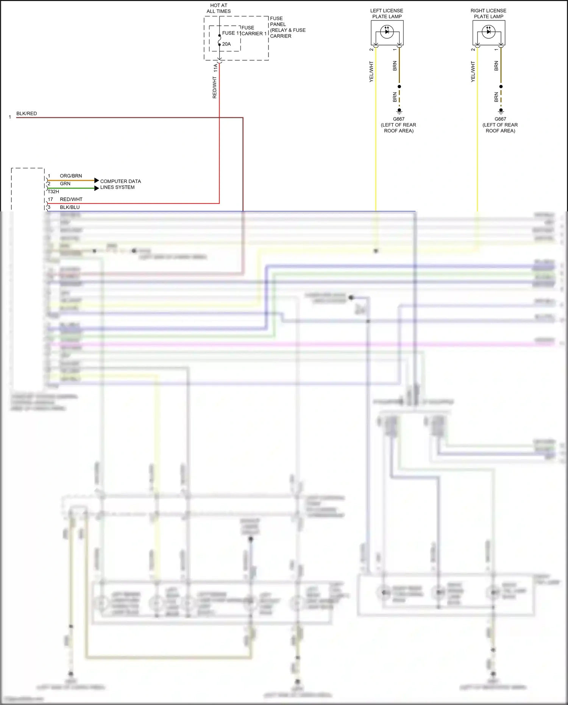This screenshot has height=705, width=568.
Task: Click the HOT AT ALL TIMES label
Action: [218, 8]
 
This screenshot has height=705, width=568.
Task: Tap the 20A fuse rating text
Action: [226, 44]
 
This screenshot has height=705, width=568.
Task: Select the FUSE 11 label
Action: [231, 33]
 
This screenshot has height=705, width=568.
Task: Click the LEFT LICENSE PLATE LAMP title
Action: [387, 14]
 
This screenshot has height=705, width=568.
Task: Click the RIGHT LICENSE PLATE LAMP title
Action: [488, 14]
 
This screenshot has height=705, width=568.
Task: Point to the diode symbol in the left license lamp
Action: [387, 32]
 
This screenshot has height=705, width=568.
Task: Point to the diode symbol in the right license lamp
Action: [488, 32]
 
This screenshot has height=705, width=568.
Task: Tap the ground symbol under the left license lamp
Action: [399, 111]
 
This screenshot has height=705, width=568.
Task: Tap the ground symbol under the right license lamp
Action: [501, 111]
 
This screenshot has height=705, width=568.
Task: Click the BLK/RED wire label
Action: [27, 114]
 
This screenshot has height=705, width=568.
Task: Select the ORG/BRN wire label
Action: [71, 176]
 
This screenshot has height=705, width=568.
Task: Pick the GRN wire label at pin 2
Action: [65, 184]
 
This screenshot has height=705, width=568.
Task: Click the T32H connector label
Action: [53, 192]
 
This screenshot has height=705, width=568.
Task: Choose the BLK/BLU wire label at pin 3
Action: [70, 207]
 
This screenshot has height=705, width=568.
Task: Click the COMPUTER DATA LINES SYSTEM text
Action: [120, 184]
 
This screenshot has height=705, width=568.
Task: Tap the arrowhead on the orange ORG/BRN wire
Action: [97, 180]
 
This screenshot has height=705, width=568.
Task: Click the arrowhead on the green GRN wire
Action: [97, 188]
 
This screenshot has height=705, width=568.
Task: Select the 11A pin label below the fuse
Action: [215, 68]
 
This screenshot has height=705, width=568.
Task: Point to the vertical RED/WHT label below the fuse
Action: [215, 88]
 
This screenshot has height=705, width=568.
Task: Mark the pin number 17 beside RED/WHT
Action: [50, 199]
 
